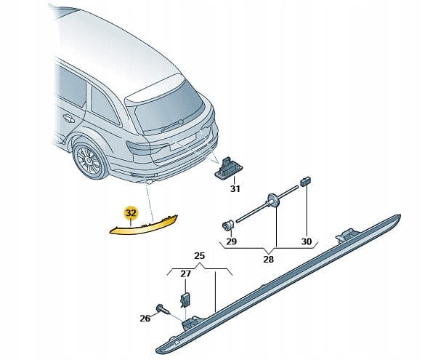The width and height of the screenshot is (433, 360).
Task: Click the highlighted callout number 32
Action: pyautogui.click(x=131, y=213)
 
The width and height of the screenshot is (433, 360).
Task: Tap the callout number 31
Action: pyautogui.click(x=235, y=189)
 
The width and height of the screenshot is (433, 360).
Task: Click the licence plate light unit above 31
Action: pyautogui.click(x=228, y=168)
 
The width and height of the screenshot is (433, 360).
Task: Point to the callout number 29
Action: pyautogui.click(x=232, y=241)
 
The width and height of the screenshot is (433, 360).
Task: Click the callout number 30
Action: pyautogui.click(x=307, y=241)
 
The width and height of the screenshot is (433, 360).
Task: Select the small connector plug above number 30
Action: pyautogui.click(x=305, y=181)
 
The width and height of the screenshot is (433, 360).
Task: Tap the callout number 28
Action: pyautogui.click(x=268, y=259)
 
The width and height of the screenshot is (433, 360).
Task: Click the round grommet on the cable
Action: pyautogui.click(x=272, y=199)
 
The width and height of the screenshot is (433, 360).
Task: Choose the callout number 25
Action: pyautogui.click(x=199, y=256)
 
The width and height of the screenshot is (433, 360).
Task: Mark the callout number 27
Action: pyautogui.click(x=185, y=273)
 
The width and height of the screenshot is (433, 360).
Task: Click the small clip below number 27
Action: pyautogui.click(x=185, y=300)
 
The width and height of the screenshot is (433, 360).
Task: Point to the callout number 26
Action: pyautogui.click(x=145, y=319)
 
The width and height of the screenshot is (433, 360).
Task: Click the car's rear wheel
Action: pyautogui.click(x=90, y=161)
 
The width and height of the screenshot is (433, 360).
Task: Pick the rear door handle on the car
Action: pyautogui.click(x=68, y=119)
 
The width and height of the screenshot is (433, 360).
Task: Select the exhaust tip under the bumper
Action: pyautogui.click(x=150, y=182)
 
